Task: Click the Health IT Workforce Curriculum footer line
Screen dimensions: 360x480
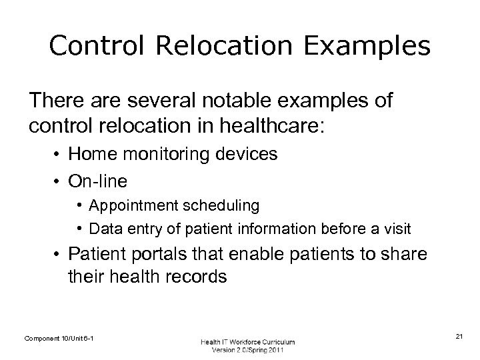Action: [247, 341]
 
